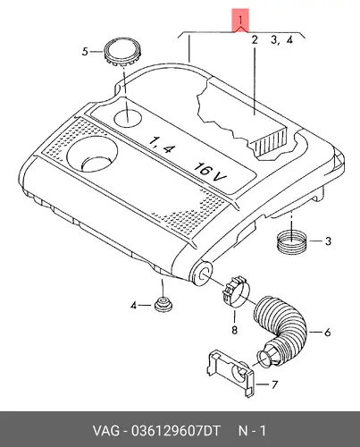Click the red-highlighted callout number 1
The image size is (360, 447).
click(x=240, y=20)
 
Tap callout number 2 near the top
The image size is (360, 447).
click(x=255, y=39)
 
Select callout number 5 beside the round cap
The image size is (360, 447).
click(x=85, y=52)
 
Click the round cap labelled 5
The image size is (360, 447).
click(x=122, y=53)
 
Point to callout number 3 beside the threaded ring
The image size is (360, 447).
click(x=328, y=240)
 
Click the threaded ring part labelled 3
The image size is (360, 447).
click(x=291, y=241)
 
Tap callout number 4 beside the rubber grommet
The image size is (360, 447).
click(x=133, y=306)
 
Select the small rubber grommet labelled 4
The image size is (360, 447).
click(x=163, y=304)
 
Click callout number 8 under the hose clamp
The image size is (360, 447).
click(x=234, y=330)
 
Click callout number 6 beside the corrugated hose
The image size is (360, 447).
click(x=327, y=332)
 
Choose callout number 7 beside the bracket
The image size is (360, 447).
click(x=274, y=384)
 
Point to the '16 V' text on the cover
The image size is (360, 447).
click(x=210, y=173)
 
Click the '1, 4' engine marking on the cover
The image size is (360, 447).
click(x=160, y=146)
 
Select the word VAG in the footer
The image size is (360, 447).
click(x=106, y=431)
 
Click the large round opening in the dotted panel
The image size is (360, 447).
click(x=92, y=155)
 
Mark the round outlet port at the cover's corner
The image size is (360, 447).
click(x=202, y=273)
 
